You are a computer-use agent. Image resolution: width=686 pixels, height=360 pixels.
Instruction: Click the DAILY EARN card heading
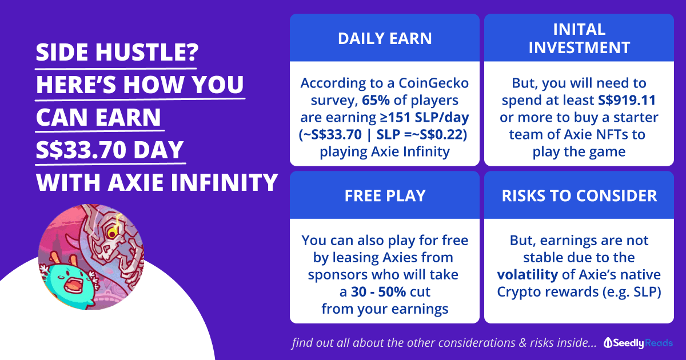pyautogui.click(x=385, y=39)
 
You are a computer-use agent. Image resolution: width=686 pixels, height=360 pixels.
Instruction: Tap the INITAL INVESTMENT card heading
pyautogui.click(x=579, y=39)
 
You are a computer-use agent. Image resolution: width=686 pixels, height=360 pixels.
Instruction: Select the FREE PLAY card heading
pyautogui.click(x=385, y=195)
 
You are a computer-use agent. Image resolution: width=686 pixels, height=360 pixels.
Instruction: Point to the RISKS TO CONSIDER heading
pyautogui.click(x=579, y=195)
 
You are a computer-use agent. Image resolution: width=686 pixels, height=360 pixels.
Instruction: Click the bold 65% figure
pyautogui.click(x=376, y=100)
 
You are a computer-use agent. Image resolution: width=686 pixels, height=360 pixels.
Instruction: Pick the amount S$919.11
pyautogui.click(x=627, y=100)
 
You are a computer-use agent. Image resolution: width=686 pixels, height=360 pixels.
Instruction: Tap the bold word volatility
pyautogui.click(x=527, y=275)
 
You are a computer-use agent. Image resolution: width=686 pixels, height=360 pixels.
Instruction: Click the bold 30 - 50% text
pyautogui.click(x=378, y=292)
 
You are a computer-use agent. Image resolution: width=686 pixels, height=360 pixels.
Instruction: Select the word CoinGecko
pyautogui.click(x=434, y=83)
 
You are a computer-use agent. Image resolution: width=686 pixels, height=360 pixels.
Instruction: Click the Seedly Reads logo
pyautogui.click(x=638, y=343)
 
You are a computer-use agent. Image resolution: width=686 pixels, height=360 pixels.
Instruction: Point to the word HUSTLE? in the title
pyautogui.click(x=147, y=52)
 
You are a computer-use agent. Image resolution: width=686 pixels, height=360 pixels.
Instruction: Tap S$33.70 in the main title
pyautogui.click(x=81, y=150)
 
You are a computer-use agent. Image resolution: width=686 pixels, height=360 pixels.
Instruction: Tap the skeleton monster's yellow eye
pyautogui.click(x=112, y=234)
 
